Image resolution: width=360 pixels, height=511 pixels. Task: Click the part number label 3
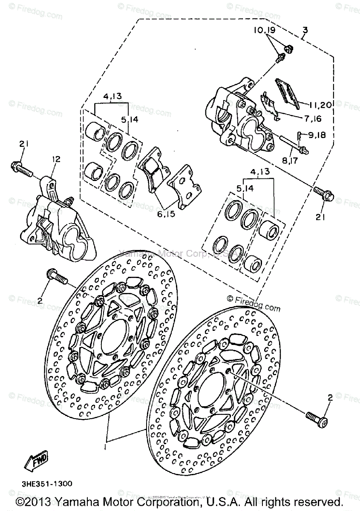[305, 30]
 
